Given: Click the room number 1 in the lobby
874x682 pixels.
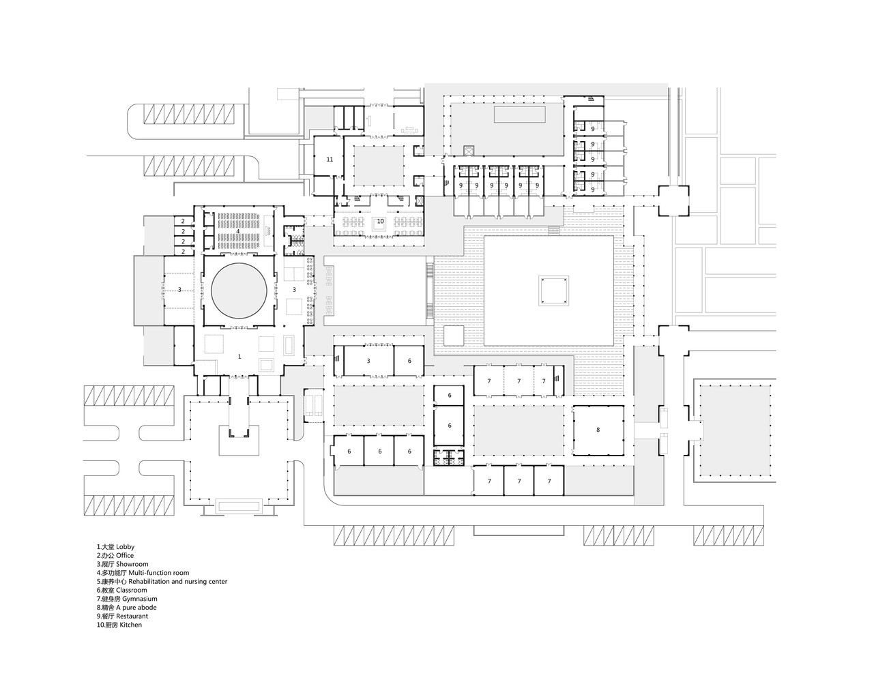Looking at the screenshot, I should [239, 357].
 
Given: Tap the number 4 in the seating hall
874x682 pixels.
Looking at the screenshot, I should [238, 232].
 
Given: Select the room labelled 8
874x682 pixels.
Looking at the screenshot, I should [598, 430].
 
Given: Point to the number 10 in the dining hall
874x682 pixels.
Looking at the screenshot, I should [380, 221].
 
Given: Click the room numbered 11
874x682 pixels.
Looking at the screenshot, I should [330, 160].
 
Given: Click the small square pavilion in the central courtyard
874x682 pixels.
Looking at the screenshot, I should [553, 291].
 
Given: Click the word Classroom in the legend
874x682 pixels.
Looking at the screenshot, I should [131, 590].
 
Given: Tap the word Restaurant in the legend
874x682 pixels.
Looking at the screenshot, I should [134, 616].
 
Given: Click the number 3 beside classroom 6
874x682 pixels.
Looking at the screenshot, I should [368, 360].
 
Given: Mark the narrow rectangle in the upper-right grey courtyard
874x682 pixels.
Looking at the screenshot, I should [519, 114].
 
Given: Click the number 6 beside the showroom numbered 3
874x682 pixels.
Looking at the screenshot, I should [409, 360].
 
